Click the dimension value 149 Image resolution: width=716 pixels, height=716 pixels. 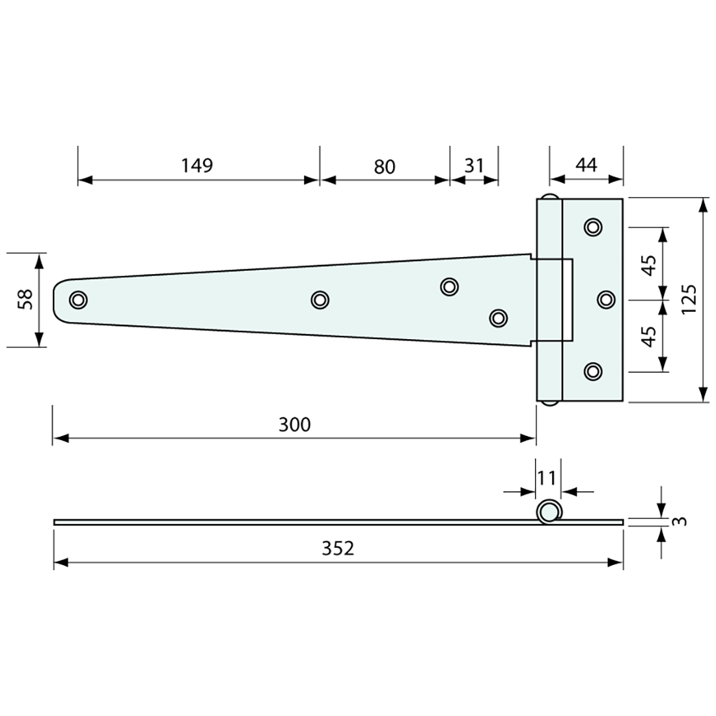click(197, 165)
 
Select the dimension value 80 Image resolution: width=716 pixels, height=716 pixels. click(385, 167)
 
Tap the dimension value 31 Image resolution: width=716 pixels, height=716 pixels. click(474, 165)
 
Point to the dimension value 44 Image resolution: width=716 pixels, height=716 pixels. click(586, 165)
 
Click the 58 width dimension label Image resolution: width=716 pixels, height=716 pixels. click(25, 299)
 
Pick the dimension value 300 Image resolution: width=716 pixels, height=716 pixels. click(294, 424)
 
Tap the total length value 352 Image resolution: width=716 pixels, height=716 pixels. click(338, 548)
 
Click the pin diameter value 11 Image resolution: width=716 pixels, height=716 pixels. click(547, 478)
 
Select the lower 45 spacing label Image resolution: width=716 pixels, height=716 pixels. click(648, 336)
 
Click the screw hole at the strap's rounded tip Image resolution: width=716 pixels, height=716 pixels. click(78, 299)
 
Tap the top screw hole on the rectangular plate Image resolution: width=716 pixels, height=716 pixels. click(592, 227)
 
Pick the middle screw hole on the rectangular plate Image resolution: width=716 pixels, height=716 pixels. click(606, 299)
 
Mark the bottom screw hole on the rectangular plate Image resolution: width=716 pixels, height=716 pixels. click(592, 371)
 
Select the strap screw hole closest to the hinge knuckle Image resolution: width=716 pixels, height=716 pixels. click(498, 318)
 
